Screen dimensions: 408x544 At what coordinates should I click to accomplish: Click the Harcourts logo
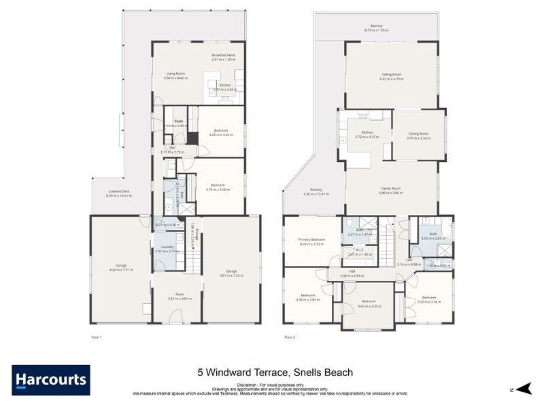[x=50, y=379]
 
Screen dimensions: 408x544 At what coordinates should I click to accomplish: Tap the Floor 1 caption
[x=96, y=337]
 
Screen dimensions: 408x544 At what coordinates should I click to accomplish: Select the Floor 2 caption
[x=290, y=337]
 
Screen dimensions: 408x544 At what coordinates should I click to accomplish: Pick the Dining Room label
[x=418, y=134]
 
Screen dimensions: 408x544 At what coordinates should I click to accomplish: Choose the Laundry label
[x=165, y=248]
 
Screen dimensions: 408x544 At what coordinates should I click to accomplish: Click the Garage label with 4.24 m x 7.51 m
[x=121, y=265]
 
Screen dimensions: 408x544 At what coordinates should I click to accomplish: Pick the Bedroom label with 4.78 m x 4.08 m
[x=219, y=185]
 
